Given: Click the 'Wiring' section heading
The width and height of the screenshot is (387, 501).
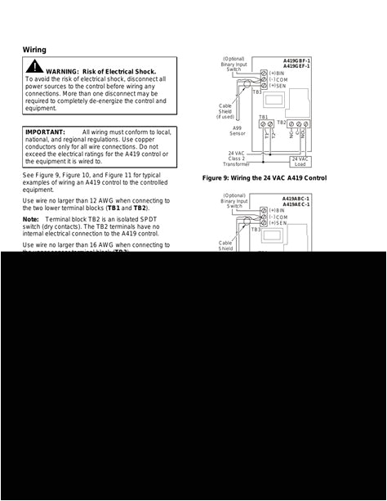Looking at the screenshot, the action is click(x=34, y=50).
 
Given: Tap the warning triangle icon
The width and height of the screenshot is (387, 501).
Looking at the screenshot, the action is click(x=34, y=67).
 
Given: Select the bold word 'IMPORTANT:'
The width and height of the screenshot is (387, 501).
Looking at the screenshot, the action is click(x=46, y=132).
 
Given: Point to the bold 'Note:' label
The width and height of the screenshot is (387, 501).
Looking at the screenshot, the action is click(x=30, y=219).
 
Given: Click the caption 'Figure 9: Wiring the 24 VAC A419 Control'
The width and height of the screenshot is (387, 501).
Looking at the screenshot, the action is click(x=265, y=177).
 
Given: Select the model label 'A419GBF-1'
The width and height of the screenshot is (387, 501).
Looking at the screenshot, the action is click(x=296, y=60).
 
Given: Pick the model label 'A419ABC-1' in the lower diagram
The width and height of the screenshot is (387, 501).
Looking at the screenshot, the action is click(x=296, y=199).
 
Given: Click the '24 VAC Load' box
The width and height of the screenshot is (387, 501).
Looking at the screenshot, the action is click(x=300, y=161).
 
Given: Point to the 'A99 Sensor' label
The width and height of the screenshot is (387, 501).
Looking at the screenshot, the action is click(x=237, y=131).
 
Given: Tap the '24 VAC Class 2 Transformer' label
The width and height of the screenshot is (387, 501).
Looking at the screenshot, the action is click(x=237, y=159).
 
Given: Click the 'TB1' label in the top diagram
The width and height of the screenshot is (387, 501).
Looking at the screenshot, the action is click(x=264, y=118).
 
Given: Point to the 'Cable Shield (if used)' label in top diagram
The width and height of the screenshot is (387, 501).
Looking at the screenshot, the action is click(x=225, y=111).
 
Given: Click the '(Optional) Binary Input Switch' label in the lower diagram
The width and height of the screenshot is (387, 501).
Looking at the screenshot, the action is click(x=234, y=201).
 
